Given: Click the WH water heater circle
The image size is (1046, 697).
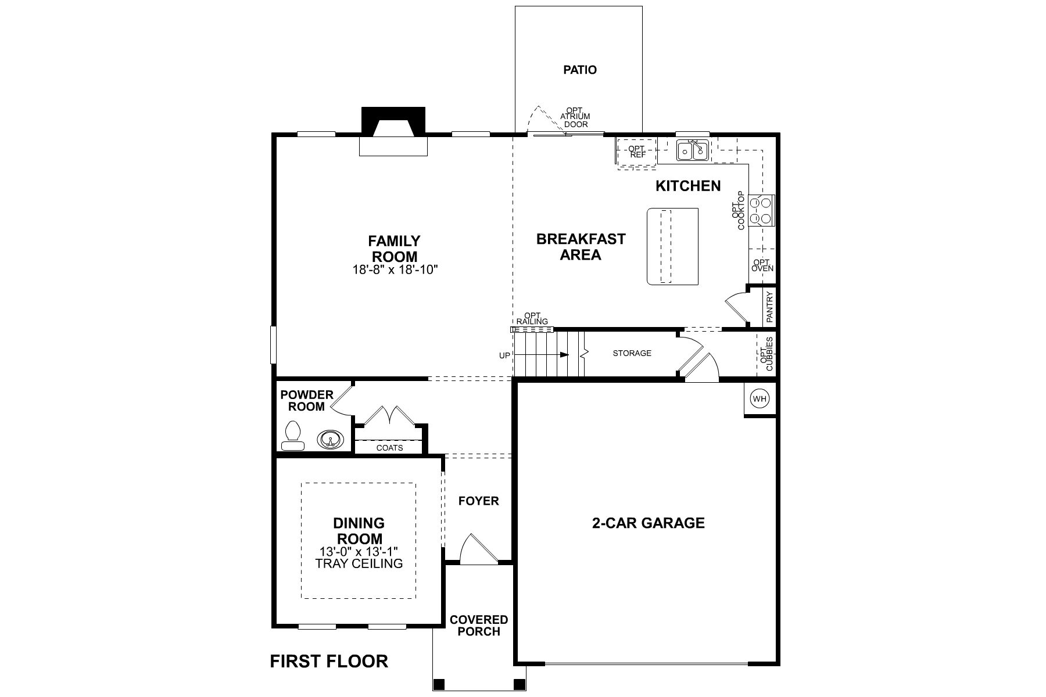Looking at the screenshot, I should (760, 399).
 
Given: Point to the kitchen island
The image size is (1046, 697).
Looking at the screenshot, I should (672, 246).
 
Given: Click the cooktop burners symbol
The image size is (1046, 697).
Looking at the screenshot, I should (761, 211).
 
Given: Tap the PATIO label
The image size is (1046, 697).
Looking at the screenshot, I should (579, 70).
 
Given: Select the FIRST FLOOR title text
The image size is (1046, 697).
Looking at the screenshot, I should (329, 661).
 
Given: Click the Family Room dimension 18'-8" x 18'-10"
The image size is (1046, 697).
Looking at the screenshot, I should (394, 270).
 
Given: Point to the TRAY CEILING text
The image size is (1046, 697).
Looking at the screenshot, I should (359, 563).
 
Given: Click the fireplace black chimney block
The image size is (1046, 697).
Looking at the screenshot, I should (393, 120).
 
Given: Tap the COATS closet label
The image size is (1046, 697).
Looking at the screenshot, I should (389, 448).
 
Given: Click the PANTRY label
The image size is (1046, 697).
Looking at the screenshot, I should (770, 307).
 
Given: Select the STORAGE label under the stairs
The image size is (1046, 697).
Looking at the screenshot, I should (632, 353).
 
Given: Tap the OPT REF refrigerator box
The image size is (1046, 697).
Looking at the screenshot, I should (637, 152).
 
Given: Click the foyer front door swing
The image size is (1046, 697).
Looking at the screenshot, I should (478, 549).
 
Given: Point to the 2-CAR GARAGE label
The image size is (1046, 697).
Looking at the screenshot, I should (648, 523).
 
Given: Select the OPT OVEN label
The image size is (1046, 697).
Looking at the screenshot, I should (762, 265).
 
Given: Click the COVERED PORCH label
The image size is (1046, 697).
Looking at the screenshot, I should (479, 626).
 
